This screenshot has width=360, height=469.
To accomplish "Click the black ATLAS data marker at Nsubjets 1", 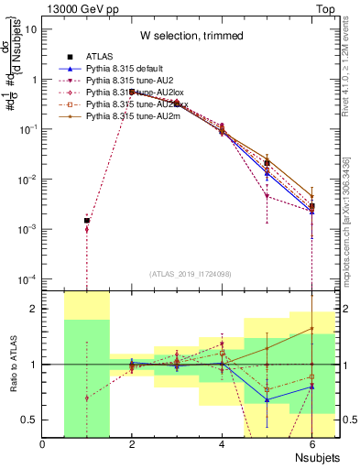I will pyautogui.click(x=87, y=221).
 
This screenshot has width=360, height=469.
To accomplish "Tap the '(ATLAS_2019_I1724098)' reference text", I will pyautogui.click(x=191, y=274).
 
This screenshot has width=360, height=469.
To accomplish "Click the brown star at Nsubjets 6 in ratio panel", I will pyautogui.click(x=311, y=329).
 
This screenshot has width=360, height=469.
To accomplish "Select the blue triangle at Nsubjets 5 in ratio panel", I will pyautogui.click(x=267, y=399).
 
